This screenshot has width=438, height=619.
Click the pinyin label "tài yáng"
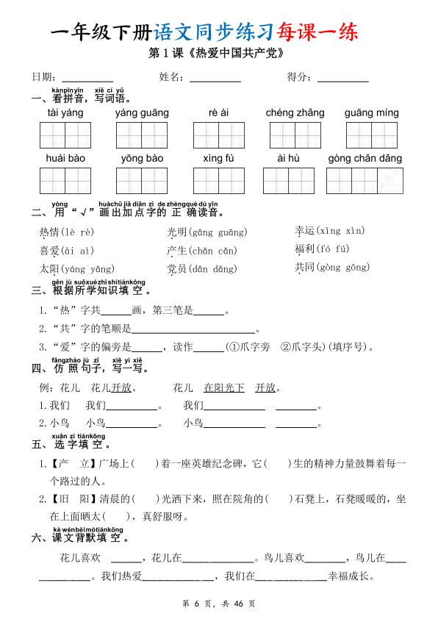[x=65, y=113]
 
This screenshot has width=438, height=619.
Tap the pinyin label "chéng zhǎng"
[x=295, y=113]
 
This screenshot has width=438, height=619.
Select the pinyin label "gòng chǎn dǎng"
[x=365, y=159]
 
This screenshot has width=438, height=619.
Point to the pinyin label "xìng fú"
[x=218, y=159]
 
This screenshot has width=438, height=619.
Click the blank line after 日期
[x=87, y=78]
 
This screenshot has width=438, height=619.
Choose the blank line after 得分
[x=343, y=78]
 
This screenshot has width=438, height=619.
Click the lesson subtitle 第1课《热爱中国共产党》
[x=218, y=54]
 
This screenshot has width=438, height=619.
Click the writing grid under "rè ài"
[x=218, y=135]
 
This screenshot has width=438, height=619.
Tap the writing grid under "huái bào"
[x=65, y=181]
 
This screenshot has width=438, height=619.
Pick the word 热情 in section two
[x=49, y=232]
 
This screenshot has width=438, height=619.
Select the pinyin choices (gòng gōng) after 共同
[x=342, y=268]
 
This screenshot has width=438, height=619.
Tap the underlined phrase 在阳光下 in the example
[x=224, y=388]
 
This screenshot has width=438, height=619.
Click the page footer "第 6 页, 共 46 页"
[x=218, y=604]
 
